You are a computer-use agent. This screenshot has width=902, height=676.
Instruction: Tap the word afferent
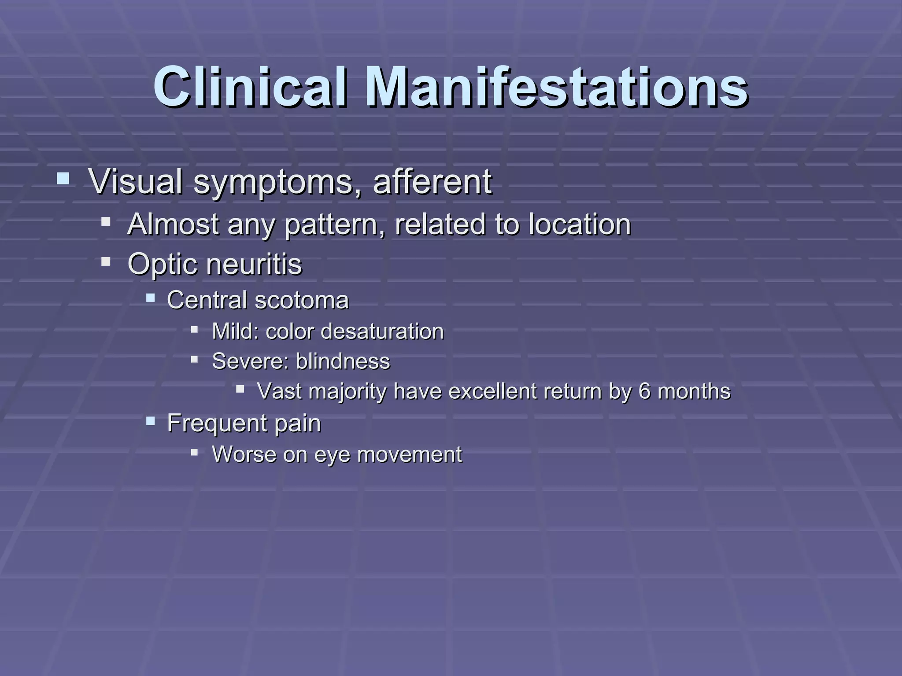[432, 181]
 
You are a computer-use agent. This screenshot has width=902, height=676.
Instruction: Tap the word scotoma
[302, 300]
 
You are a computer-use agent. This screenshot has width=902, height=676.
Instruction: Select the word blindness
[343, 361]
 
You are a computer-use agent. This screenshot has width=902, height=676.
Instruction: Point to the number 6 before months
[644, 391]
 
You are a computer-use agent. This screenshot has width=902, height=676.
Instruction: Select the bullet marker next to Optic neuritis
[106, 262]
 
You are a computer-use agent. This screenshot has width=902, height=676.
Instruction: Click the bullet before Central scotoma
[151, 298]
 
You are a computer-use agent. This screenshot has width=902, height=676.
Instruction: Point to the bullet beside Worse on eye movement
[194, 452]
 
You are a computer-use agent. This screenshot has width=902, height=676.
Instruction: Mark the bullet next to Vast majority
[240, 389]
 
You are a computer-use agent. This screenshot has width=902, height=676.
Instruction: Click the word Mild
[235, 331]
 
